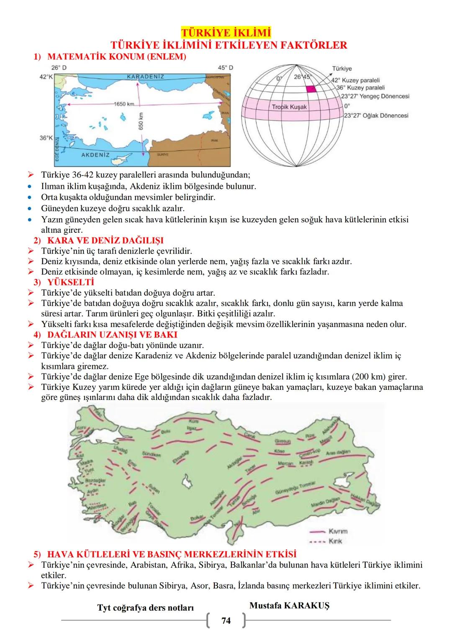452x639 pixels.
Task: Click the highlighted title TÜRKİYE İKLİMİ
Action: [226, 33]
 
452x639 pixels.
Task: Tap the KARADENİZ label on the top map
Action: [145, 77]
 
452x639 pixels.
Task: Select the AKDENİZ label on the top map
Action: [95, 155]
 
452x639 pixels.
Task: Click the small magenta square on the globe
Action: [311, 89]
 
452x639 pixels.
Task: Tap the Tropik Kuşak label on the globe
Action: [289, 107]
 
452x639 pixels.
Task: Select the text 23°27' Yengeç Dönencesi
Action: [375, 96]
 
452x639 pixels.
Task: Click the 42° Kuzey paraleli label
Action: [355, 80]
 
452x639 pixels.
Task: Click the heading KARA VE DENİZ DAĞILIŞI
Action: [105, 240]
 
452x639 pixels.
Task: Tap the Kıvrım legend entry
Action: [338, 531]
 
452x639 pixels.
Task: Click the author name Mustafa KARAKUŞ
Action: [289, 606]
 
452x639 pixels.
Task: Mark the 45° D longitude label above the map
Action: [226, 67]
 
